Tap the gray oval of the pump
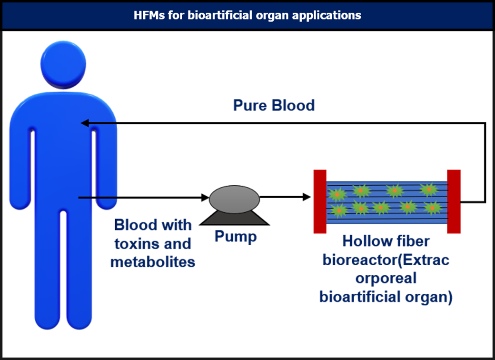(x=235, y=197)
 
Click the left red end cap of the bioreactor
(x=319, y=201)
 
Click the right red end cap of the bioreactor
(x=454, y=201)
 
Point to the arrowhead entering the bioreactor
(x=306, y=196)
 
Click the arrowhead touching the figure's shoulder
(x=84, y=123)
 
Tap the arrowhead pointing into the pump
(x=206, y=197)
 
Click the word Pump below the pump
(x=236, y=236)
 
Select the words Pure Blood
(x=274, y=105)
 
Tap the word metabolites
(x=153, y=261)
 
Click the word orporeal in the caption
(x=386, y=279)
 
